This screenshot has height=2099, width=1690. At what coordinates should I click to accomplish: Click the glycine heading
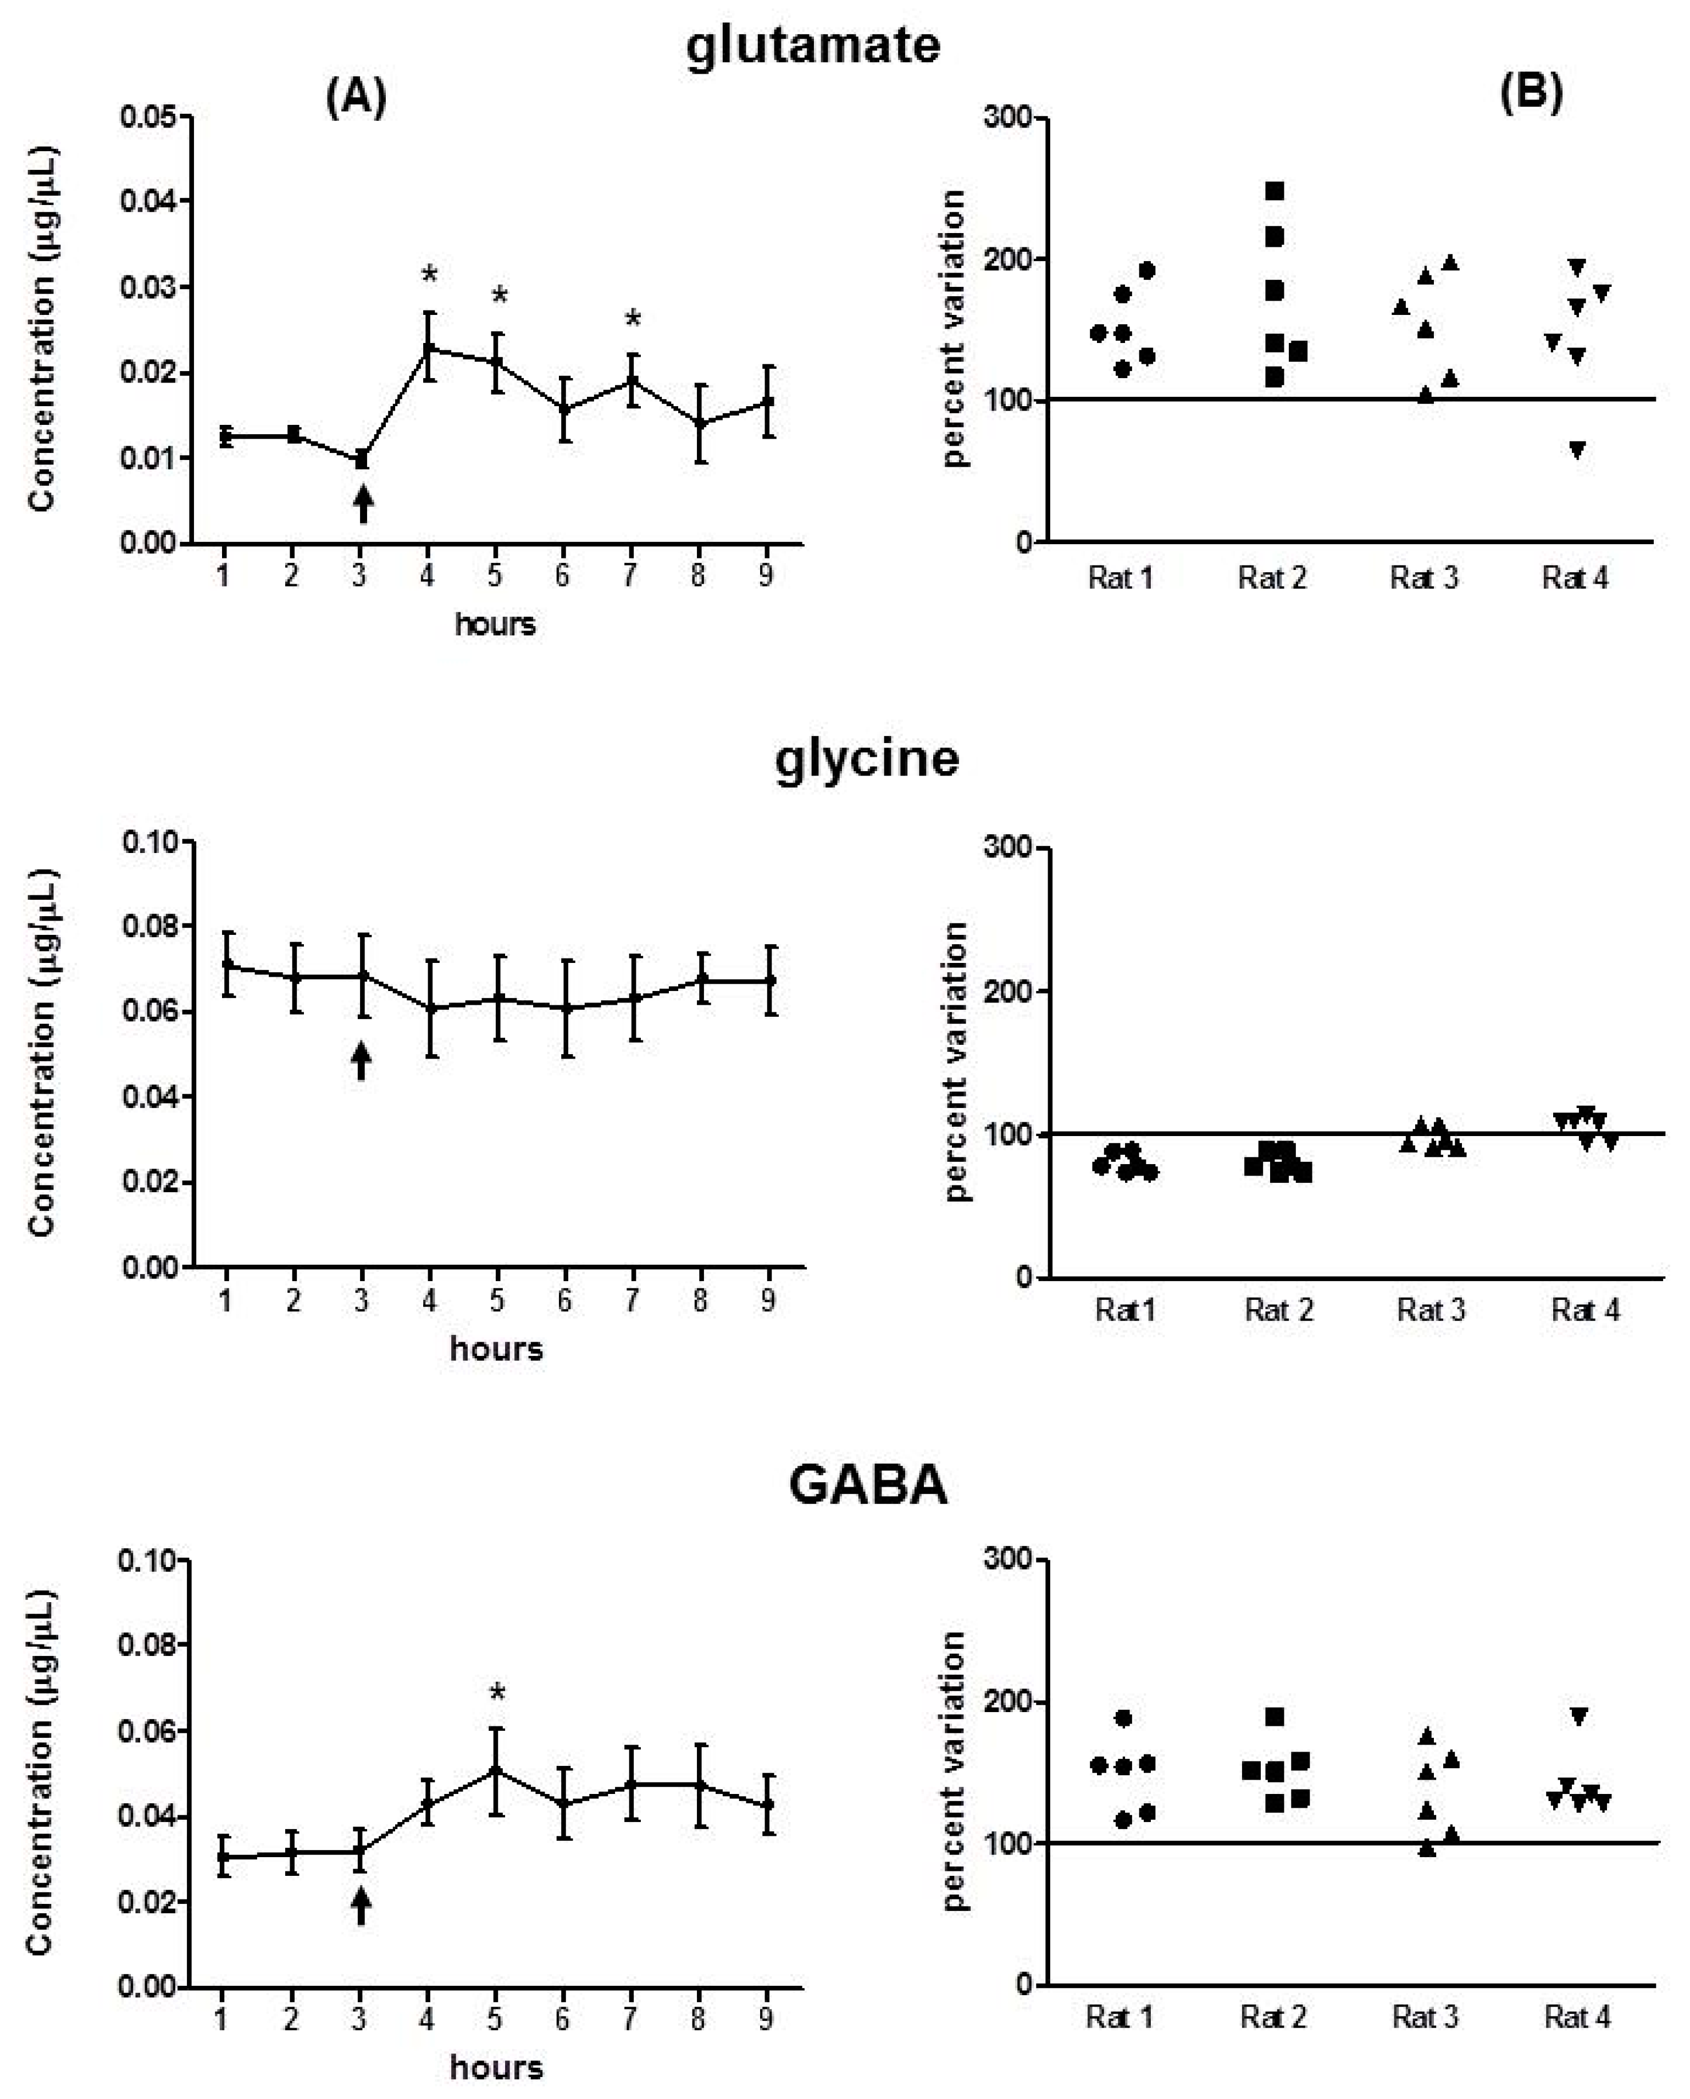(866, 757)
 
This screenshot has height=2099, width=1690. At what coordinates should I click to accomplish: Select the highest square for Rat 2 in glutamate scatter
(1275, 191)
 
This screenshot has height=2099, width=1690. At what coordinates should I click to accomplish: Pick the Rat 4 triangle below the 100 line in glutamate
(1577, 449)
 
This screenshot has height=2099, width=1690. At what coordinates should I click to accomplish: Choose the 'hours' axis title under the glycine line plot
(496, 1348)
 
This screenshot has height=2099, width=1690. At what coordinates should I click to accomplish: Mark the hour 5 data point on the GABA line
(496, 1770)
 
